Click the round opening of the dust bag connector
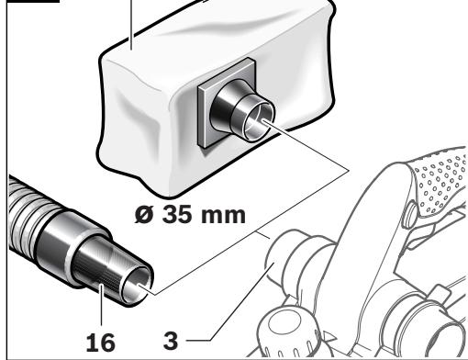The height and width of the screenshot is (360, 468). pos(255,125)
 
